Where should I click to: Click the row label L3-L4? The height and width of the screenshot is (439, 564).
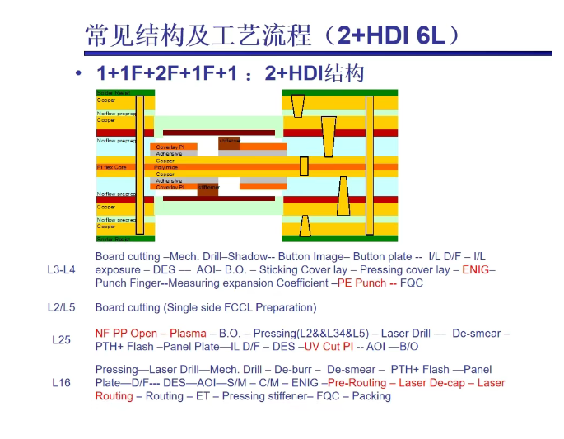(x=61, y=270)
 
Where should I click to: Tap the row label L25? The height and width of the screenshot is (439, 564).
(x=61, y=339)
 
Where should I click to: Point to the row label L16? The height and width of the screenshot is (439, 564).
(x=61, y=383)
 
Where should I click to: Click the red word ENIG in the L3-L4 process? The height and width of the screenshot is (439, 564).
(x=476, y=270)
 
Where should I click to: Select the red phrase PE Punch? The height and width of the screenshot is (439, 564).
(x=362, y=283)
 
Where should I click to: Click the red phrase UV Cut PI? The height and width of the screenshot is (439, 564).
(x=329, y=347)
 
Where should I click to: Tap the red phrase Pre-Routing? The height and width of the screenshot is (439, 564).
(x=355, y=383)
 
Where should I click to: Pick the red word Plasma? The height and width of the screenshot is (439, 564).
(x=189, y=334)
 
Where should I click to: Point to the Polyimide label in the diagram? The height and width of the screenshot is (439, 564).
(x=166, y=167)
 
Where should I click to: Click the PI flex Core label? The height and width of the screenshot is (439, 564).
(x=112, y=167)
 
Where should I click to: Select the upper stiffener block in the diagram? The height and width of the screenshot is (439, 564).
(x=229, y=142)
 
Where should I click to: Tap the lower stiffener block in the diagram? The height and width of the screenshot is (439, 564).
(x=208, y=189)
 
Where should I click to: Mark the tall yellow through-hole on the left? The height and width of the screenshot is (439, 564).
(x=140, y=165)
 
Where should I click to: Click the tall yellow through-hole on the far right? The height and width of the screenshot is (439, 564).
(x=370, y=165)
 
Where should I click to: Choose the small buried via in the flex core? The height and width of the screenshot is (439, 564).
(x=304, y=166)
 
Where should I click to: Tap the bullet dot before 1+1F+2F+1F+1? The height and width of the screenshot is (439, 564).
(x=78, y=73)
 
